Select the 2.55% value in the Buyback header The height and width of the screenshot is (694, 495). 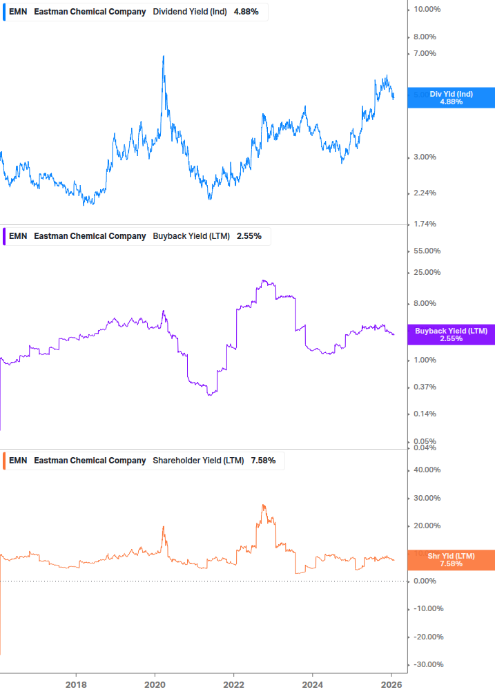(249, 236)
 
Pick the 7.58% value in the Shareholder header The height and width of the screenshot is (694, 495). (263, 461)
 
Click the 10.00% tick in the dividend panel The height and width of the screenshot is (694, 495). (427, 9)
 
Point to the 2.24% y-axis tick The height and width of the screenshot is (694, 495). (424, 193)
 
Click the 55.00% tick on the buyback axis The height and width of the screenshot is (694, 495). (427, 251)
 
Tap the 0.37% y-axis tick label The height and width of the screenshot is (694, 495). (424, 387)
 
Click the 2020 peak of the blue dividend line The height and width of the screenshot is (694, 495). (163, 57)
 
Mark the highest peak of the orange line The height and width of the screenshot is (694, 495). (263, 505)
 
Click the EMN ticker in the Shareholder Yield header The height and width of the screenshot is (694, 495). (18, 461)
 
